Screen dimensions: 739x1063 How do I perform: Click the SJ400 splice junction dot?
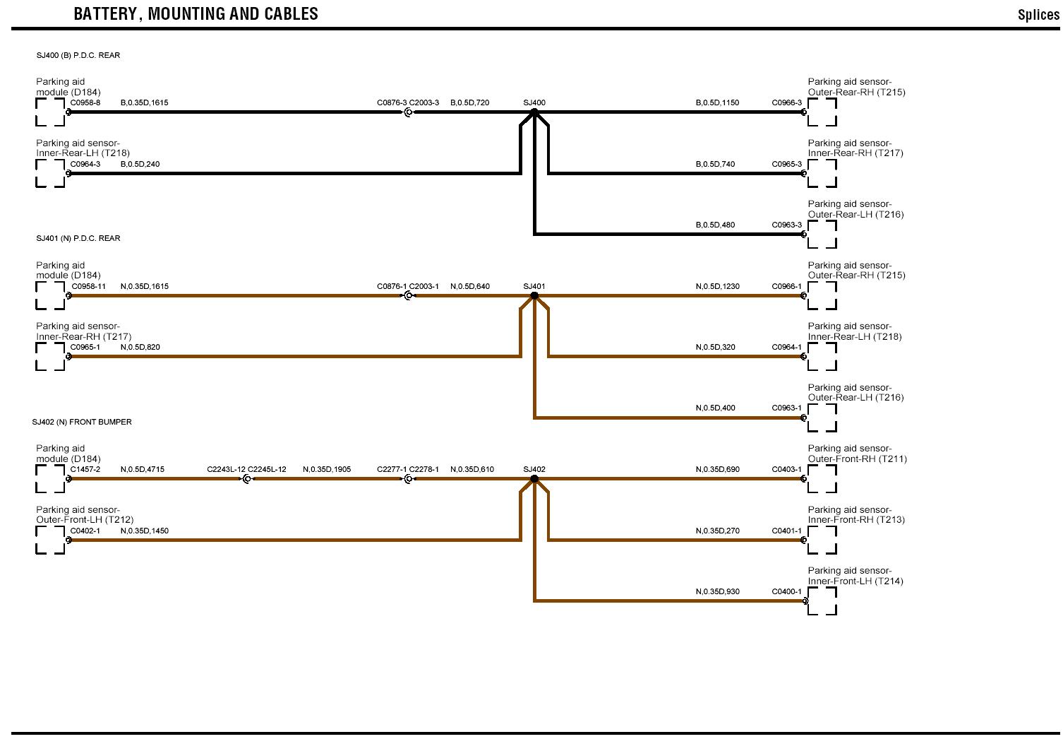534,112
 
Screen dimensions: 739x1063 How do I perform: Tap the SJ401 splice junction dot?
534,295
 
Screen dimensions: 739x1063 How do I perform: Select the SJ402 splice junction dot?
534,478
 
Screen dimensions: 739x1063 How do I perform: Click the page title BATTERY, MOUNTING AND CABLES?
196,13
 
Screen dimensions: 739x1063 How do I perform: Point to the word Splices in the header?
1038,15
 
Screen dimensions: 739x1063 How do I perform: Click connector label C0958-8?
85,102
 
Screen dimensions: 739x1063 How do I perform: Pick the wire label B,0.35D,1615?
145,102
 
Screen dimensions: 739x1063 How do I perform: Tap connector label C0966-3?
786,102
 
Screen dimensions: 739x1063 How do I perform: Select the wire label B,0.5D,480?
715,225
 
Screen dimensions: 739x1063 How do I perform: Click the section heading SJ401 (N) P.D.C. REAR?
78,238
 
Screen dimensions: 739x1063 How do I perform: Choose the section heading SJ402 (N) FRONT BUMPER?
82,422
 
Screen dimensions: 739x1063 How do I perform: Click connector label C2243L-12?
226,469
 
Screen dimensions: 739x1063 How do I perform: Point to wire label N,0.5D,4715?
143,469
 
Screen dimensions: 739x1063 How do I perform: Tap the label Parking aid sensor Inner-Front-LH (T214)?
855,576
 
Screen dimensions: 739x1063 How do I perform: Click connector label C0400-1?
786,591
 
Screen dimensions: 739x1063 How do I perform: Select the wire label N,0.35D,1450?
145,531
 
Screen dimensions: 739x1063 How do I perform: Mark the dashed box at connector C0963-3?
822,235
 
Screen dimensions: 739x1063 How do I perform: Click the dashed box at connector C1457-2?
50,478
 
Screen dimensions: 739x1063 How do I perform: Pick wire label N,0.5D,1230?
718,286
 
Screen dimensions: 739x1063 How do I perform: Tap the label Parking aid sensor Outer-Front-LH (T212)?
85,514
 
